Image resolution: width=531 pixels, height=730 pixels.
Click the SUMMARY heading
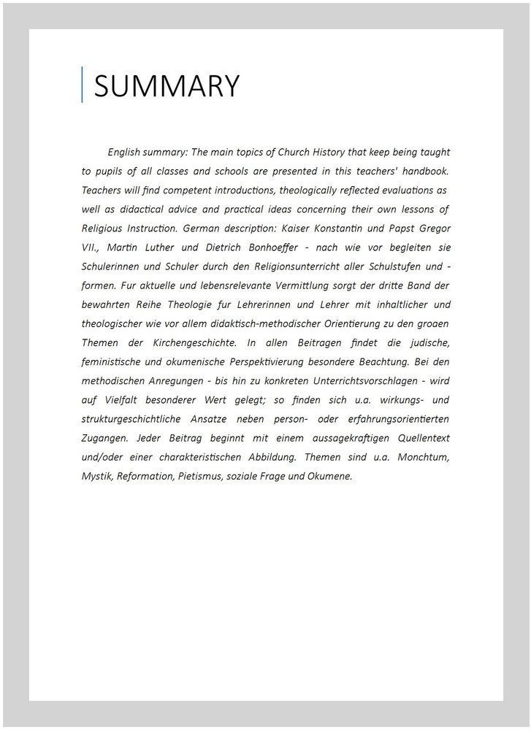(x=167, y=86)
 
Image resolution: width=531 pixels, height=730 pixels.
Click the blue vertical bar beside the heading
(x=82, y=85)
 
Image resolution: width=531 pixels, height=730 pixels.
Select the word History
(x=353, y=153)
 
